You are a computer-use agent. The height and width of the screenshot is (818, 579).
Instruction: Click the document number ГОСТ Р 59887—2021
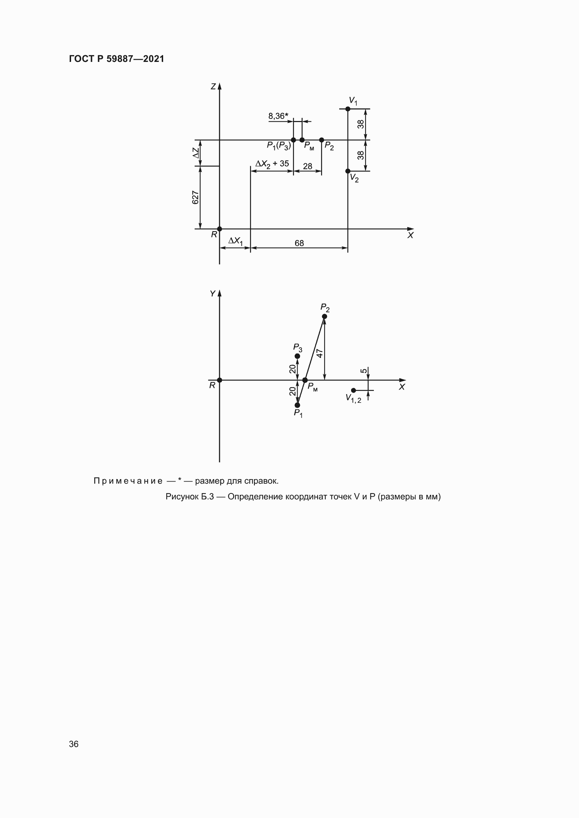click(x=117, y=59)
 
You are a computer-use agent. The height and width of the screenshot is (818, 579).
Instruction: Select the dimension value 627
click(x=195, y=197)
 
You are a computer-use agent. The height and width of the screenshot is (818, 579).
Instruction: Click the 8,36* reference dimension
click(x=278, y=116)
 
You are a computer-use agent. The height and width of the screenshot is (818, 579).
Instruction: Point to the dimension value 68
click(x=299, y=243)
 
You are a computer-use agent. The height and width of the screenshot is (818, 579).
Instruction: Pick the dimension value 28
click(x=307, y=166)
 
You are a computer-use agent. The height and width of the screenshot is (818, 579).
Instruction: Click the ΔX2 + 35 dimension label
click(x=272, y=164)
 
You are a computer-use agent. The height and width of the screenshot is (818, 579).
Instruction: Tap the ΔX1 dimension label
click(x=235, y=241)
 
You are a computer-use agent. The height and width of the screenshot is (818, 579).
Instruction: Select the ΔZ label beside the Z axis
click(x=196, y=153)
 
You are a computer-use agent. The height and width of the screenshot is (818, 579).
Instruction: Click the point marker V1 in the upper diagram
click(x=348, y=109)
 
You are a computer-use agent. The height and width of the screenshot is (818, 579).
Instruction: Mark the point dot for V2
click(x=348, y=171)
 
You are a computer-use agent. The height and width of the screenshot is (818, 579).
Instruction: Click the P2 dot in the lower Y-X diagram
click(x=325, y=316)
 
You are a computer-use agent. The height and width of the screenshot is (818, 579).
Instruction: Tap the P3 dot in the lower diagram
click(x=297, y=356)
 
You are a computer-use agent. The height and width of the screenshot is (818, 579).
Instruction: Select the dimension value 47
click(x=320, y=353)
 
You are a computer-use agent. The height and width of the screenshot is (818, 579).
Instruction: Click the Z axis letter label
click(x=213, y=87)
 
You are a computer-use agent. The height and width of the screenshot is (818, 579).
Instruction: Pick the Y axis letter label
click(x=213, y=293)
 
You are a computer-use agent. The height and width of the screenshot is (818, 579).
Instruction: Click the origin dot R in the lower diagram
click(x=219, y=380)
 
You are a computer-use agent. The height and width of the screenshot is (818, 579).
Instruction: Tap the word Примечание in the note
click(x=128, y=481)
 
